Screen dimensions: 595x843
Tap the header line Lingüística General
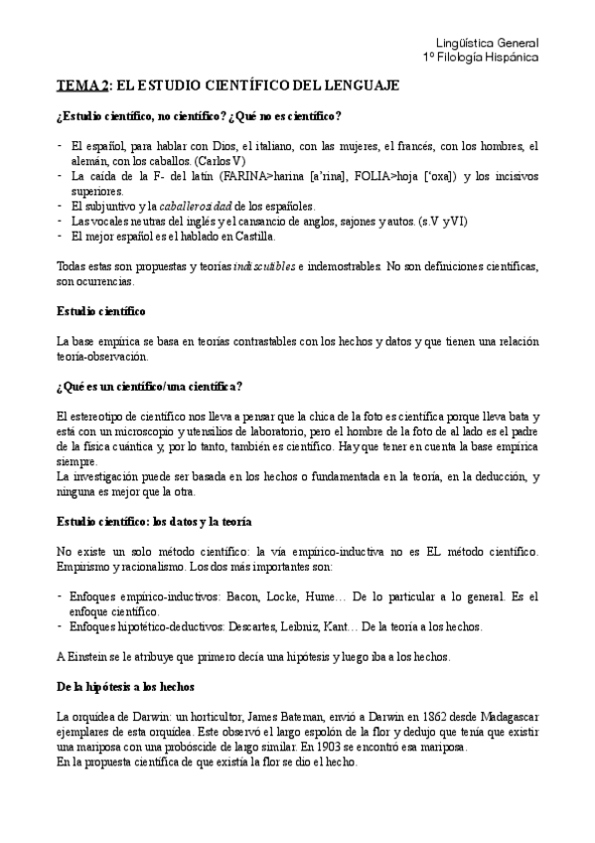point(489,44)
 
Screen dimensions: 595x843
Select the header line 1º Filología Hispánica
point(481,59)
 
